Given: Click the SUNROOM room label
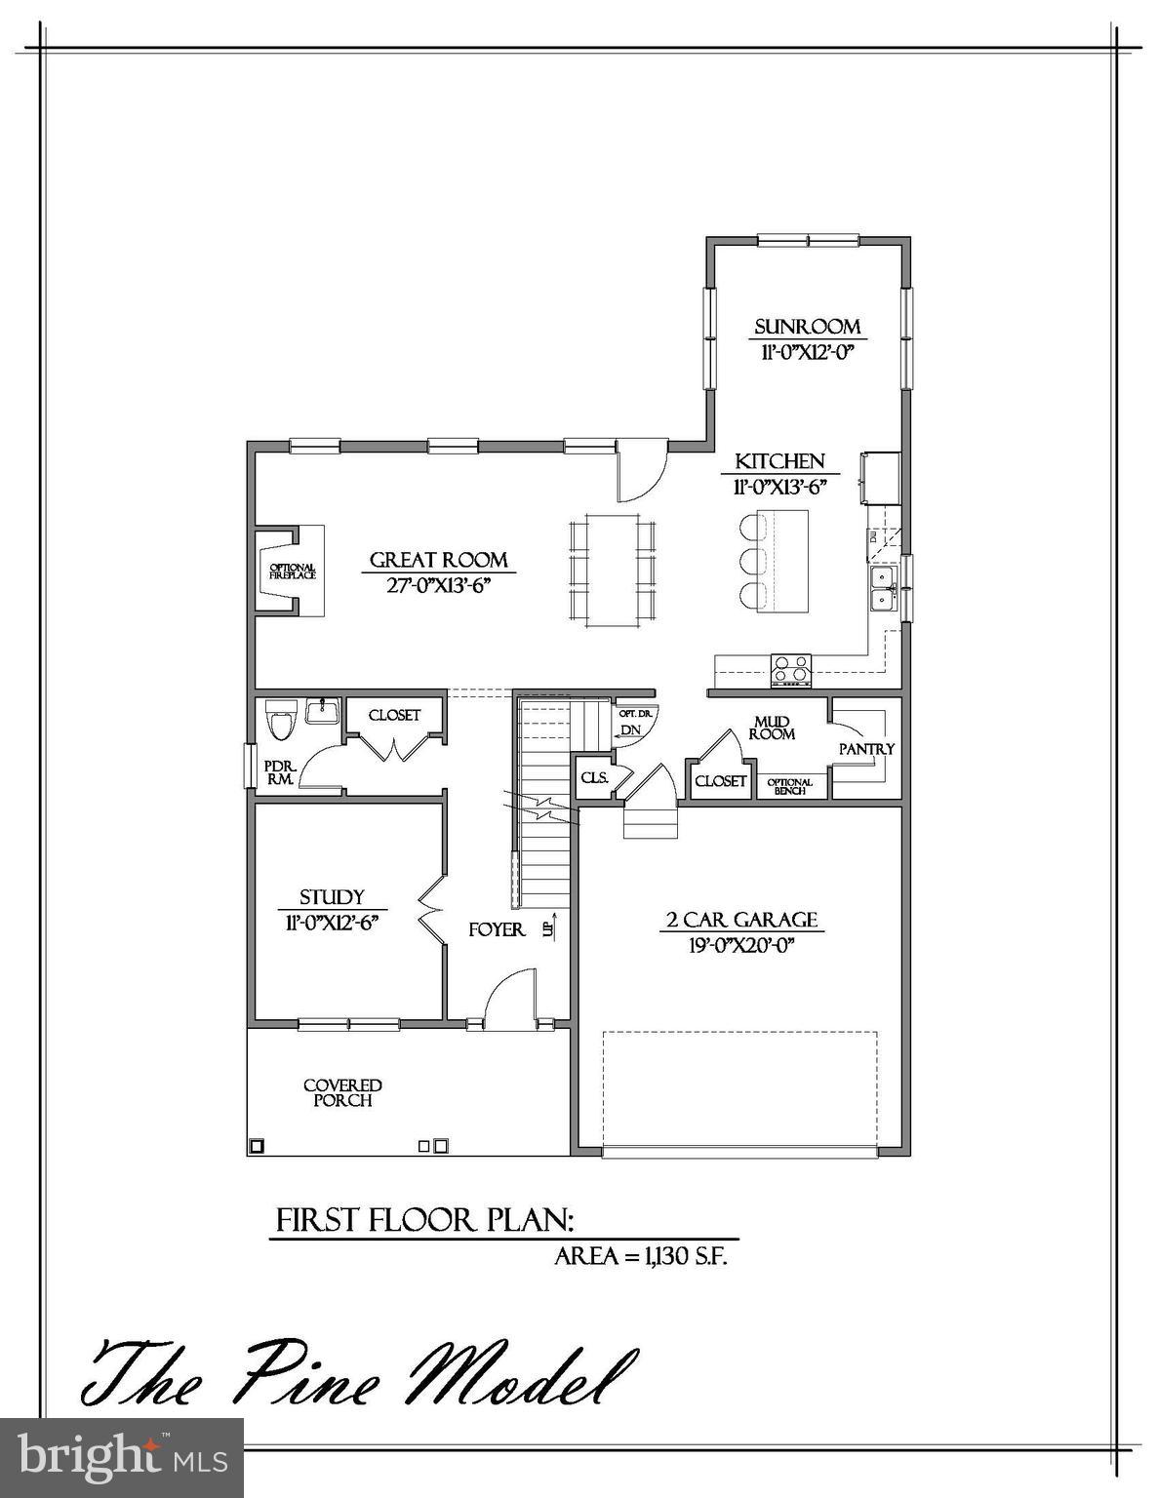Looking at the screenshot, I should pos(807,327).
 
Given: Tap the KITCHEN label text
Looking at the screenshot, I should pos(779,461).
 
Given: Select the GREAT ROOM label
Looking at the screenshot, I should pos(438,560).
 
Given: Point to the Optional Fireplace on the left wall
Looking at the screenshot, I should pos(292,572).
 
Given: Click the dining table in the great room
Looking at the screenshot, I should pos(612,566).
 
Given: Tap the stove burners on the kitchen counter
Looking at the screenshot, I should pos(791,669).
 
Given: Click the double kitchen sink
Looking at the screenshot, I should pos(884,588).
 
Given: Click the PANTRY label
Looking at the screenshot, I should pos(866,749).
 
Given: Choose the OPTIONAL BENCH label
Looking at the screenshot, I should pos(789,786).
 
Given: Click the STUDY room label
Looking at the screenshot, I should pos(332,897).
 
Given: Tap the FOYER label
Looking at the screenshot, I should pos(497,929).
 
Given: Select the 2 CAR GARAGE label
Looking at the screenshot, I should pos(741,920).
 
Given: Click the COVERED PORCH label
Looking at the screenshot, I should pos(342,1092).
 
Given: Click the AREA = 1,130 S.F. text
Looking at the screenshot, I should pos(641,1256).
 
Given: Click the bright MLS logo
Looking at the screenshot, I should pos(122,1457).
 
